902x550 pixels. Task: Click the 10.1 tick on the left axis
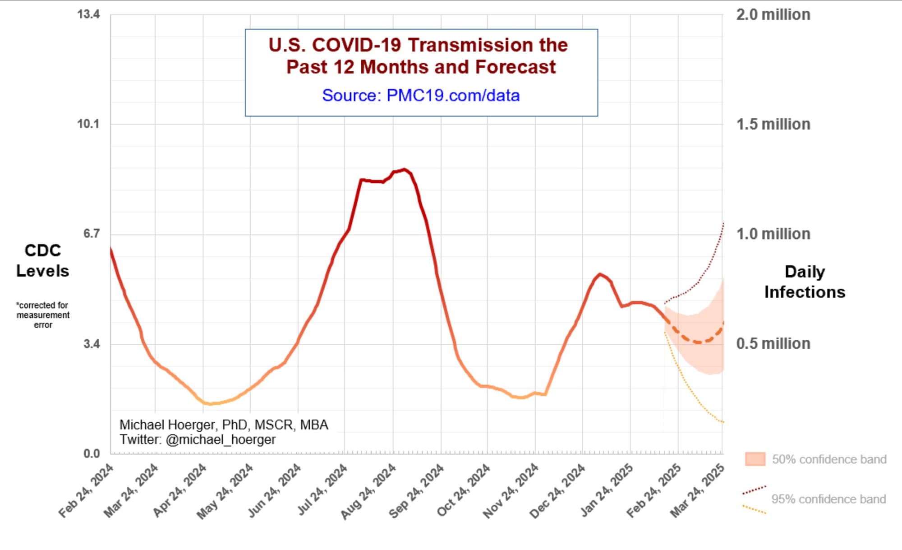tap(88, 124)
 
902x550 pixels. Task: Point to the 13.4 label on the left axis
tap(88, 14)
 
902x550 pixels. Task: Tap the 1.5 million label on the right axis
tap(773, 125)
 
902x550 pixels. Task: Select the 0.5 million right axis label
tap(773, 344)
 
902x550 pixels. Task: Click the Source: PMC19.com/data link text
tap(421, 96)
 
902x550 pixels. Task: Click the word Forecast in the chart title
tap(515, 67)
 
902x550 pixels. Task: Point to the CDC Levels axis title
tap(43, 261)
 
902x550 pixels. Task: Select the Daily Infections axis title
tap(805, 282)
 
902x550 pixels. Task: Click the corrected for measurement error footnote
tap(43, 315)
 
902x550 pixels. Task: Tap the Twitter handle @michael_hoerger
tap(221, 440)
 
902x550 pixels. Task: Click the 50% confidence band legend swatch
tap(755, 459)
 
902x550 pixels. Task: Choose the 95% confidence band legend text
tap(828, 499)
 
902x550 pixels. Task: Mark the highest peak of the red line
tap(404, 170)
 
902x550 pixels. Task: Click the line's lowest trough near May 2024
tap(209, 403)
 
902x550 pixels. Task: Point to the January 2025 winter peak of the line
tap(599, 274)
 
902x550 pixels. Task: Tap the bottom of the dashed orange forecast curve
tap(698, 342)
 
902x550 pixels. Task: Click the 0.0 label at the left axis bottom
tap(92, 453)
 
